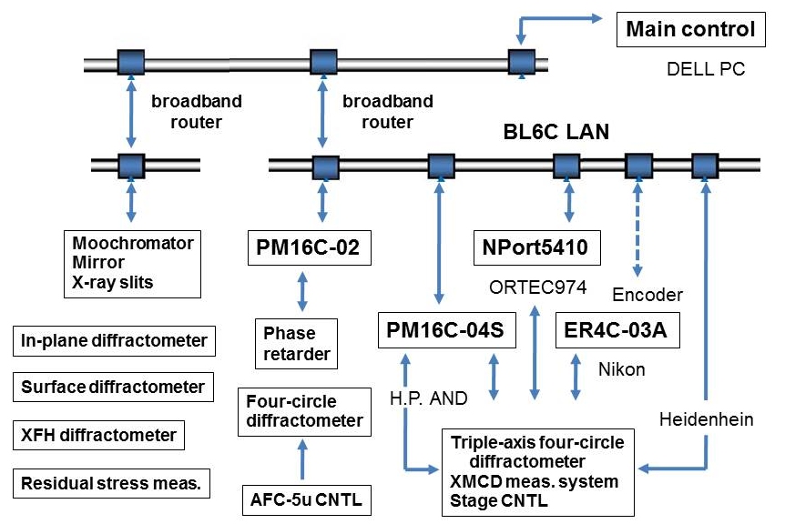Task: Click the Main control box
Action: (690, 29)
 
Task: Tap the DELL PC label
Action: (707, 69)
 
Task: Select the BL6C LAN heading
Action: (556, 133)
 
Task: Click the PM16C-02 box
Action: (309, 247)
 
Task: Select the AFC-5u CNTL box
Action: (301, 498)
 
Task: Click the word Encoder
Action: (647, 295)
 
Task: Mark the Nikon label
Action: (622, 369)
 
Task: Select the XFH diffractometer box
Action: (98, 434)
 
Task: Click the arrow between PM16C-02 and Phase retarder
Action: (302, 291)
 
